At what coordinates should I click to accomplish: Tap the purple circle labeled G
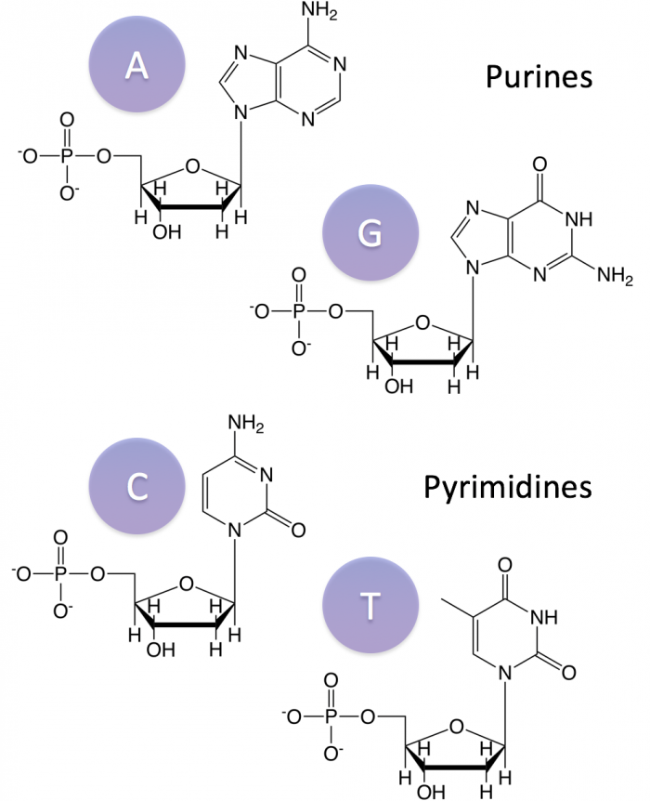(x=370, y=234)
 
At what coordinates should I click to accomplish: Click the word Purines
(x=539, y=76)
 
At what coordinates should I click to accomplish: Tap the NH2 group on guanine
(x=616, y=278)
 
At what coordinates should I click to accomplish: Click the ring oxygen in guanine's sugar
(x=423, y=324)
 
